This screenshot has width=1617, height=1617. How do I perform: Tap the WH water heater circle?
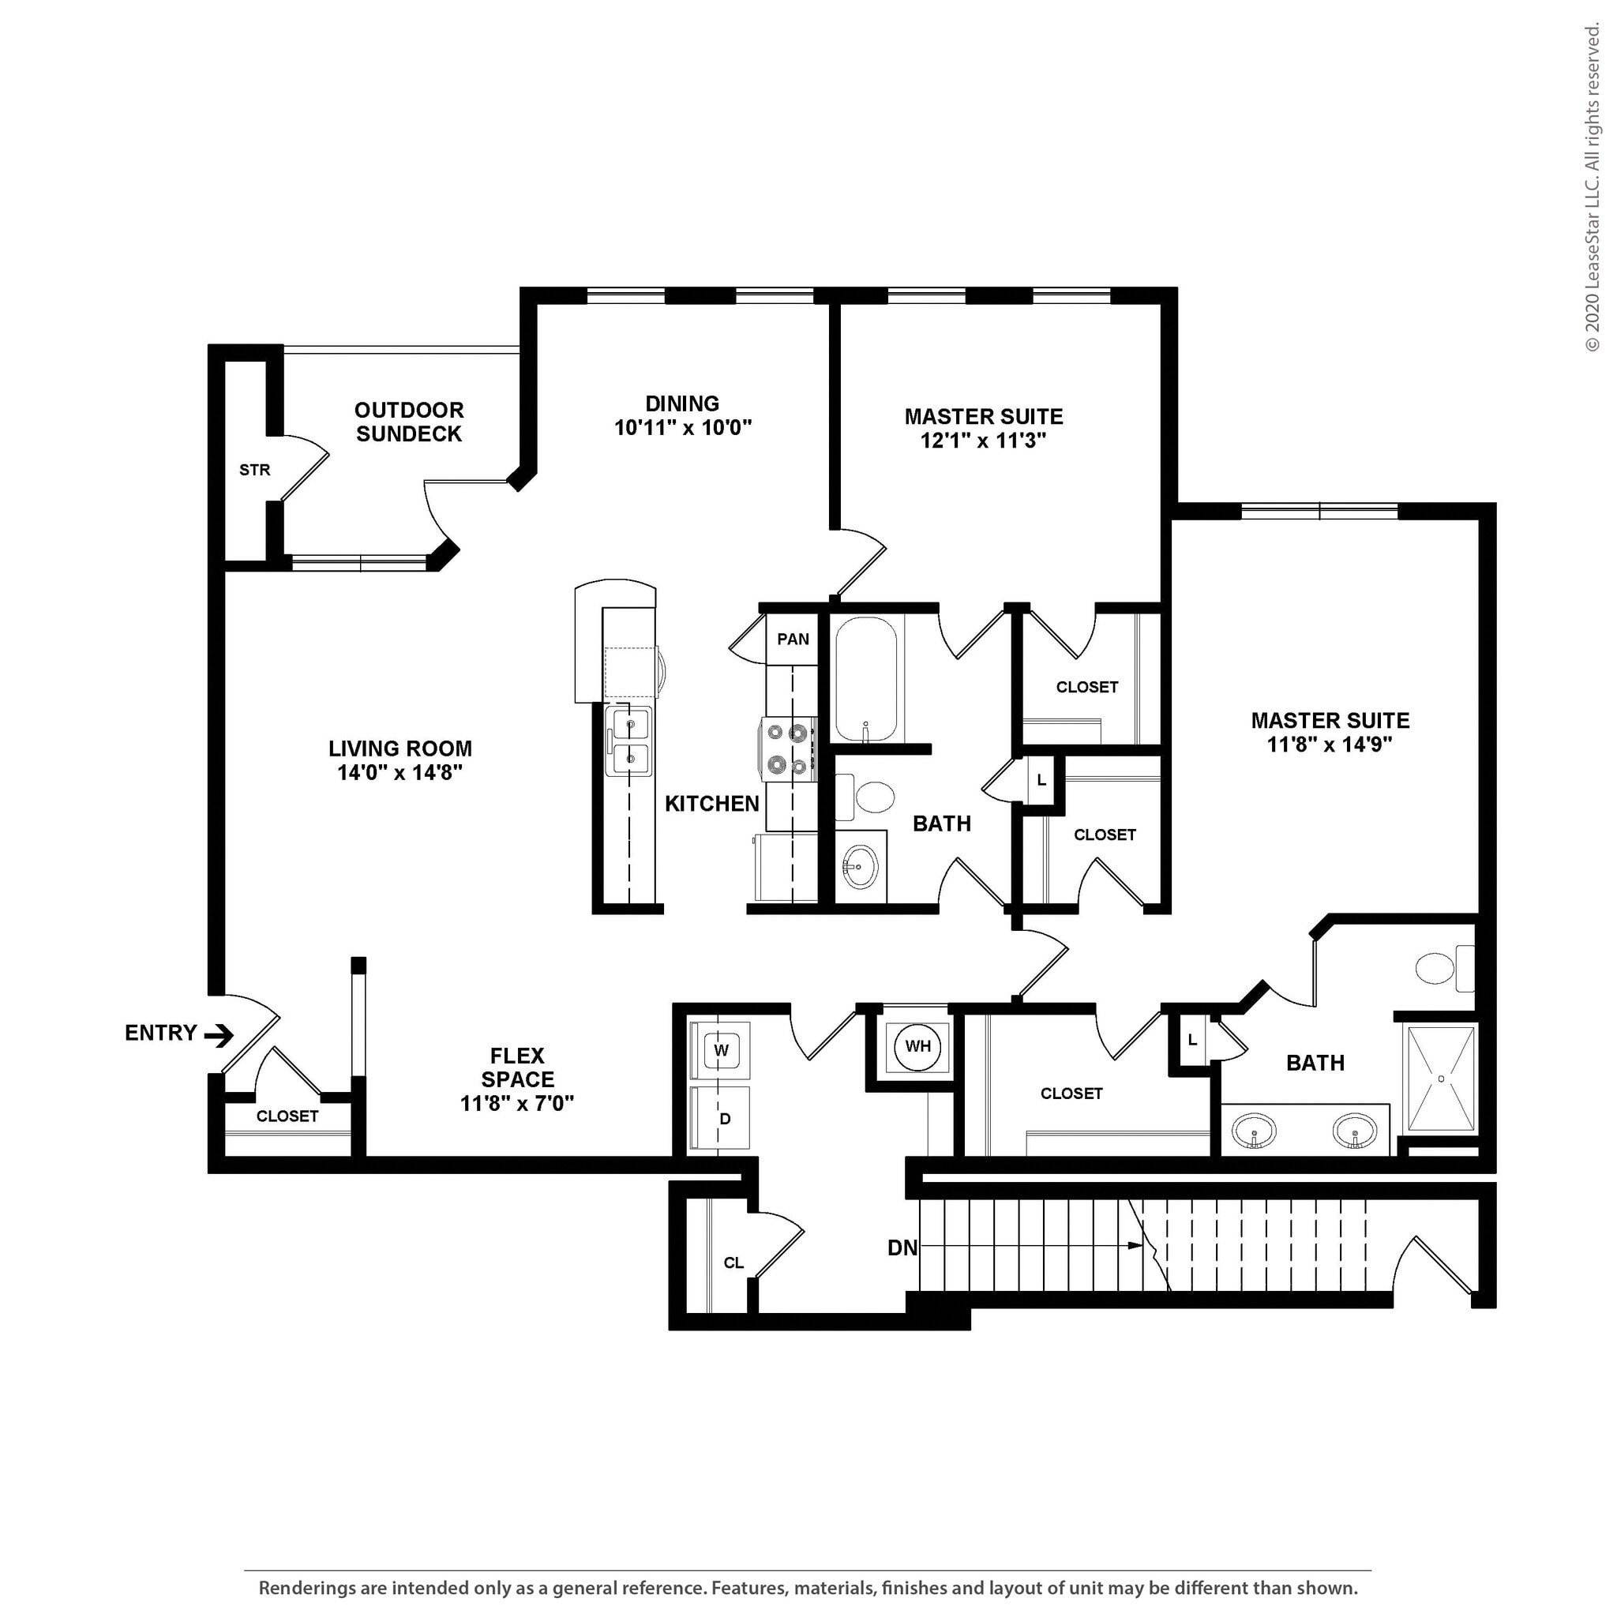click(x=918, y=1046)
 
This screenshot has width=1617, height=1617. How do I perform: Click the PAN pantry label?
click(x=793, y=640)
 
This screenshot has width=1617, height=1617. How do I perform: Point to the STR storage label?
click(x=254, y=471)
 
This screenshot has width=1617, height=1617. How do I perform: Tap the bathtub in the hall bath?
click(x=865, y=679)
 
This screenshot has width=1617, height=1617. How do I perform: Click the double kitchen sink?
click(x=629, y=740)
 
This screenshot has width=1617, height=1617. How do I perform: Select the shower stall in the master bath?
click(x=1441, y=1079)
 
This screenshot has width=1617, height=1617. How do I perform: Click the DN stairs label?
click(x=902, y=1249)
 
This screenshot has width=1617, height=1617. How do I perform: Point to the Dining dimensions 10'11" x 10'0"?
click(x=683, y=428)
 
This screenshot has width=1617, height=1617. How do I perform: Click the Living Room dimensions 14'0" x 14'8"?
click(x=400, y=771)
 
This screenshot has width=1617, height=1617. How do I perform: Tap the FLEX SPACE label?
click(x=517, y=1067)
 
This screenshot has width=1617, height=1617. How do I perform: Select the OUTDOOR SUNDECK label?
click(x=408, y=422)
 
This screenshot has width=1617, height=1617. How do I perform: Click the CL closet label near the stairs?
click(x=733, y=1263)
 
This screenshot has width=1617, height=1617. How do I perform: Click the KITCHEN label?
click(x=711, y=804)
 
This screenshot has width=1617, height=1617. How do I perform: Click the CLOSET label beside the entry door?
click(x=287, y=1116)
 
